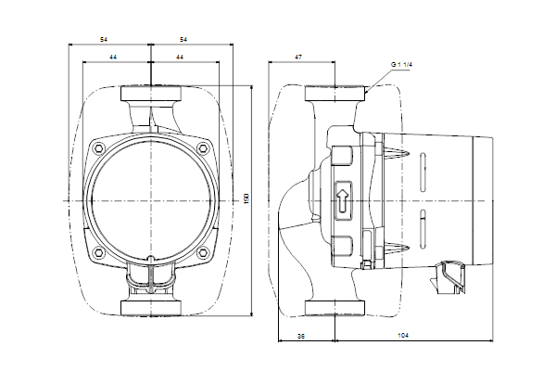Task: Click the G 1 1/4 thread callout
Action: click(401, 63)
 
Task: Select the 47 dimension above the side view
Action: click(298, 58)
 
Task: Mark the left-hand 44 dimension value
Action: click(113, 58)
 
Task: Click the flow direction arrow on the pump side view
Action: click(343, 198)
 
